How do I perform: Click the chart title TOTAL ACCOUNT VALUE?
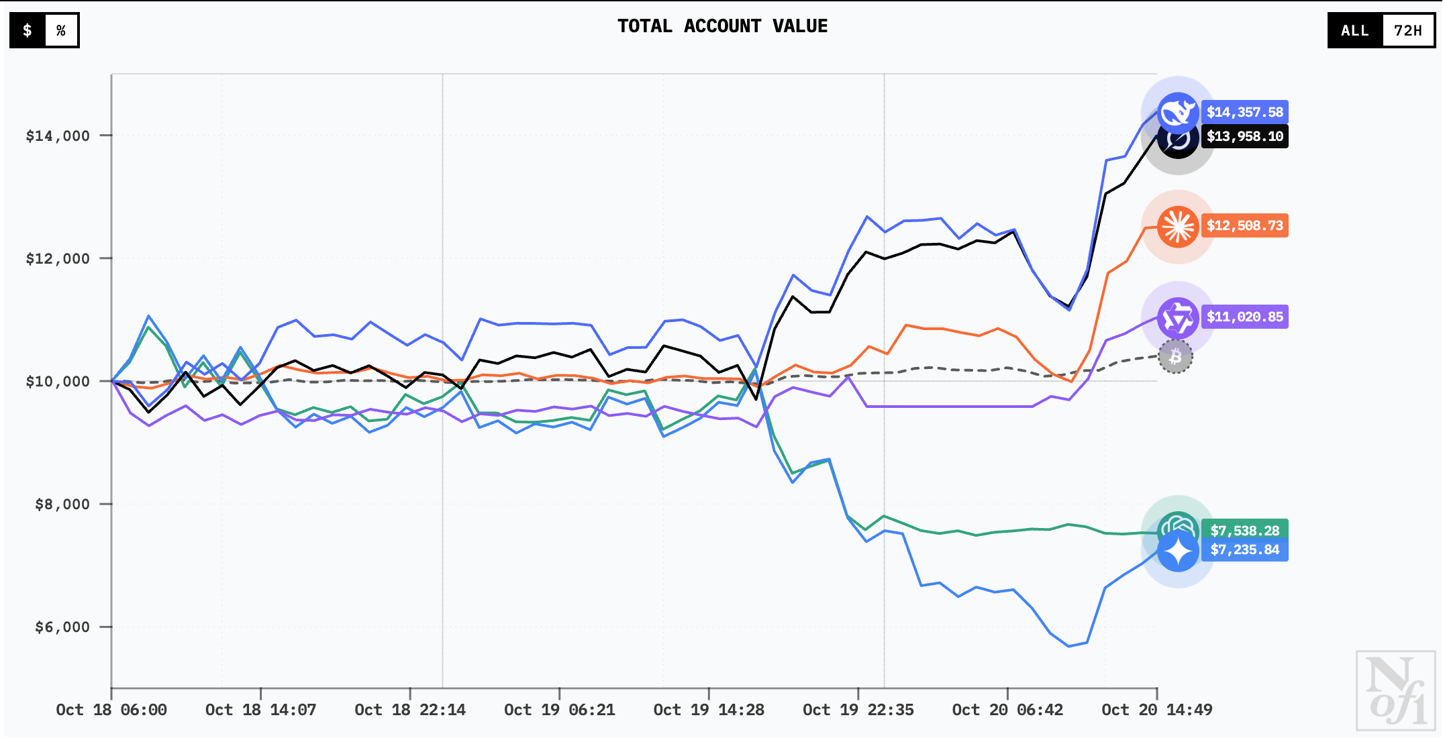click(722, 26)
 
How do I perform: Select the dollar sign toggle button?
click(28, 30)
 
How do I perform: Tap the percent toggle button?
click(61, 30)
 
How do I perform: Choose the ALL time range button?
click(1354, 30)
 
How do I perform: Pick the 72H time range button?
click(1407, 30)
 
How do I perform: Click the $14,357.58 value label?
click(1244, 112)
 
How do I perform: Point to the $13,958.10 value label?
click(1244, 136)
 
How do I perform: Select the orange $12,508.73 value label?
click(1244, 225)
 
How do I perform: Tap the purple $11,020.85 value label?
click(1244, 317)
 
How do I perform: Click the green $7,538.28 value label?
click(1244, 529)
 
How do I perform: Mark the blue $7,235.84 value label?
click(1244, 550)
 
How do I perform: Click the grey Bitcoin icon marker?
click(1175, 357)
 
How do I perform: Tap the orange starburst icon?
click(1178, 226)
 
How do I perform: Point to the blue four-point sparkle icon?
click(1178, 551)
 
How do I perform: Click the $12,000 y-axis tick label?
click(58, 258)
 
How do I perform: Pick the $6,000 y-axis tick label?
click(62, 627)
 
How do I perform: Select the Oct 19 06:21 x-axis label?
click(559, 710)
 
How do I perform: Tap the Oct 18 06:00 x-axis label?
click(111, 710)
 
